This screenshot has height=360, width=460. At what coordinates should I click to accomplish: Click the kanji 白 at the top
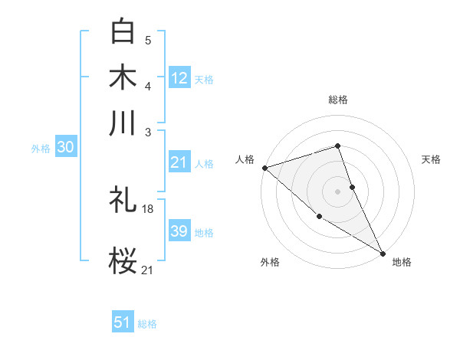[123, 31]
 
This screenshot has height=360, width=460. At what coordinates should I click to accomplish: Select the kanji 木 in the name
[123, 77]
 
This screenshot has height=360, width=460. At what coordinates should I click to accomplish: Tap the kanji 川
[123, 122]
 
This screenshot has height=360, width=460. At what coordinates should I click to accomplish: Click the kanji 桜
[123, 260]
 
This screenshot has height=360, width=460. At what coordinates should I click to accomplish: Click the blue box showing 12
[179, 77]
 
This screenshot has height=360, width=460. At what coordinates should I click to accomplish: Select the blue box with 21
[179, 162]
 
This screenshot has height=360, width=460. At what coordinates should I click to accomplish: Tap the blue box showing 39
[179, 231]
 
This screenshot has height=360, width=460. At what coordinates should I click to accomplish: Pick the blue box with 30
[65, 148]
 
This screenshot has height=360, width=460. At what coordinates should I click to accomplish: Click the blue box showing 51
[123, 322]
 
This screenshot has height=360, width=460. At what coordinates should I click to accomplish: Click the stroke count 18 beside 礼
[148, 208]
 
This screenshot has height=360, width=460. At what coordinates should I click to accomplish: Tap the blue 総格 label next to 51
[147, 324]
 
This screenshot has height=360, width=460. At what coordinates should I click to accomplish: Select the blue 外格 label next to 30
[41, 149]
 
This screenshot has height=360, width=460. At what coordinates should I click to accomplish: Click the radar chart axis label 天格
[431, 159]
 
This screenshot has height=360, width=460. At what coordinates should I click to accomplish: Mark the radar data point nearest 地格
[382, 252]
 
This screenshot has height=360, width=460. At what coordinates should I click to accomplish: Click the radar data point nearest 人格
[264, 168]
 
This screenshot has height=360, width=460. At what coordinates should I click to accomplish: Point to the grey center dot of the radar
[337, 191]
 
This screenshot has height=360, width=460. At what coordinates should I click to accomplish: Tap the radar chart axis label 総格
[337, 100]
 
